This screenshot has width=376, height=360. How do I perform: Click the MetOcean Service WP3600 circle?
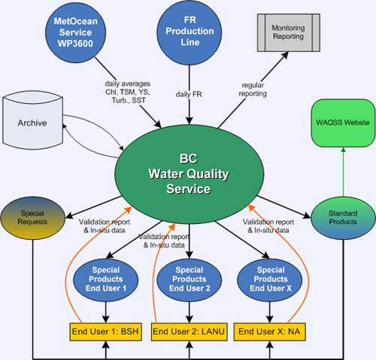75,32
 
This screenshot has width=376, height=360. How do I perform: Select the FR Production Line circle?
190,32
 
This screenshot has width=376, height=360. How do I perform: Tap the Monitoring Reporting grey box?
289,32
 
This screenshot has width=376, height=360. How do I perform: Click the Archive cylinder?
32,120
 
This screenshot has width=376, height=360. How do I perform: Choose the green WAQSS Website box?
343,123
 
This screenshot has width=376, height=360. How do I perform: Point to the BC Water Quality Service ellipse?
190,174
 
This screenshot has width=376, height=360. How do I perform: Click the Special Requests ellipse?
32,218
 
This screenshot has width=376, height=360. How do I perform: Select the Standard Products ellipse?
343,218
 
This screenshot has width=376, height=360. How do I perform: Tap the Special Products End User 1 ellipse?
105,280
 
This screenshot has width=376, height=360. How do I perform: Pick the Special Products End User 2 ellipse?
190,280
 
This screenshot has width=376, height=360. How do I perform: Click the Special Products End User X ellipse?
270,280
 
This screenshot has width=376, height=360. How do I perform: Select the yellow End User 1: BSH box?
105,331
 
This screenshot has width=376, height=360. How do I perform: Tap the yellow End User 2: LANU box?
190,331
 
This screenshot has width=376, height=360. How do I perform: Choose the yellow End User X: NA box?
270,331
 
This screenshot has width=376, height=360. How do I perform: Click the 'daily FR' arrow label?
189,94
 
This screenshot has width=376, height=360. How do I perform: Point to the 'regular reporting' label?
253,89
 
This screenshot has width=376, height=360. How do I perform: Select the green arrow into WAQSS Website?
343,172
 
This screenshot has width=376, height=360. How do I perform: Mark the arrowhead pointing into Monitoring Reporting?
284,56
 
